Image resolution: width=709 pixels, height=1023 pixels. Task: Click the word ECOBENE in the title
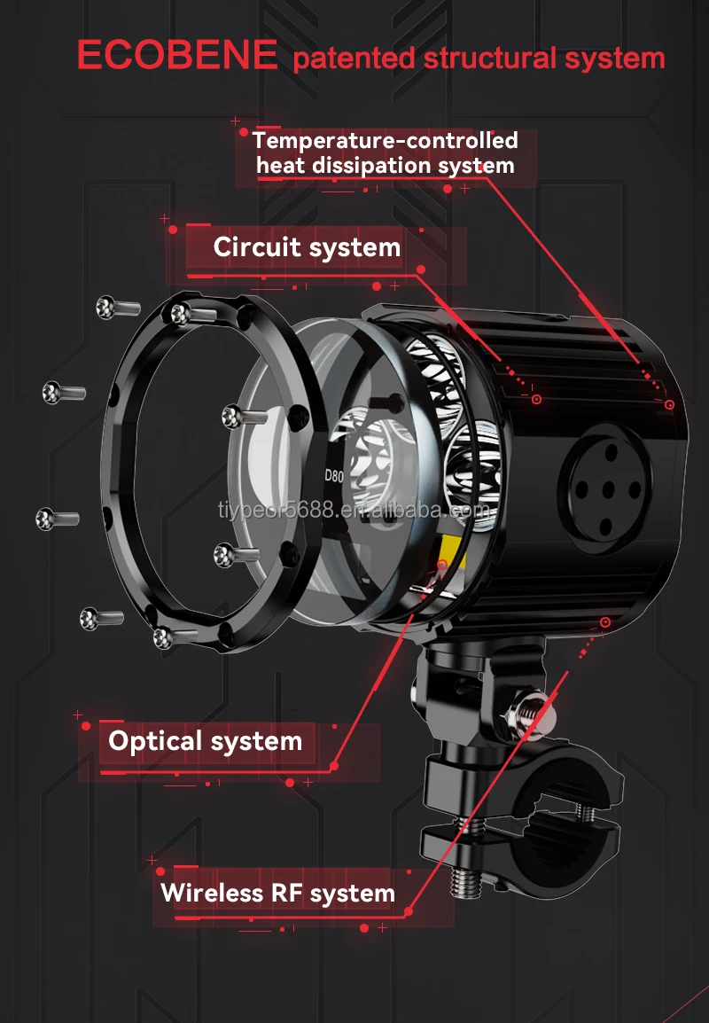click(x=176, y=55)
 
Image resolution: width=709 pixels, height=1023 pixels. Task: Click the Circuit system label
click(x=307, y=247)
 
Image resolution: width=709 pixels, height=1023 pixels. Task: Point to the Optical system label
click(x=205, y=741)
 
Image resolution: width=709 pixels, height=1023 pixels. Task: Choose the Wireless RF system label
click(x=277, y=892)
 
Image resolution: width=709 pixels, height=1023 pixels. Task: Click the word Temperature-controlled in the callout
click(x=385, y=140)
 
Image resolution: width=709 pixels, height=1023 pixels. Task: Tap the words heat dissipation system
click(x=385, y=166)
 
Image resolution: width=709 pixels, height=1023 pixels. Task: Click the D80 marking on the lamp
click(x=333, y=475)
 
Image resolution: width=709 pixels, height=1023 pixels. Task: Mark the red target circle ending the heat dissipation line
click(x=670, y=404)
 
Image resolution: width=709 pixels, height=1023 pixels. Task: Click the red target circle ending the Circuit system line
click(x=535, y=400)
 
